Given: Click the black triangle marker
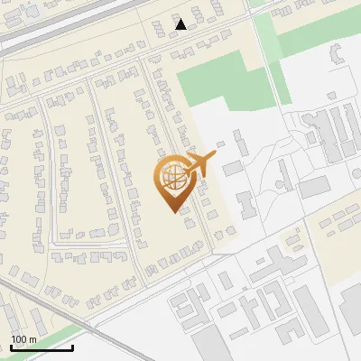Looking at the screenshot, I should [181, 24].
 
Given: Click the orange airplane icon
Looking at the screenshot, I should [199, 164].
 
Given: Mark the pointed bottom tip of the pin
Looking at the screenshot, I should [172, 212].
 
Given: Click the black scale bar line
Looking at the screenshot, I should [42, 348].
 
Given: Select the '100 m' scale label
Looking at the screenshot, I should [23, 339].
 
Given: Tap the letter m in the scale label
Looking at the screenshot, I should [33, 339].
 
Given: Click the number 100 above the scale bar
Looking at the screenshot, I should [19, 339].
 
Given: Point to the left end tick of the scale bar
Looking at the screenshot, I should [10, 347].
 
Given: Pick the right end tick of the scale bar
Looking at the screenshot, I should [73, 347].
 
